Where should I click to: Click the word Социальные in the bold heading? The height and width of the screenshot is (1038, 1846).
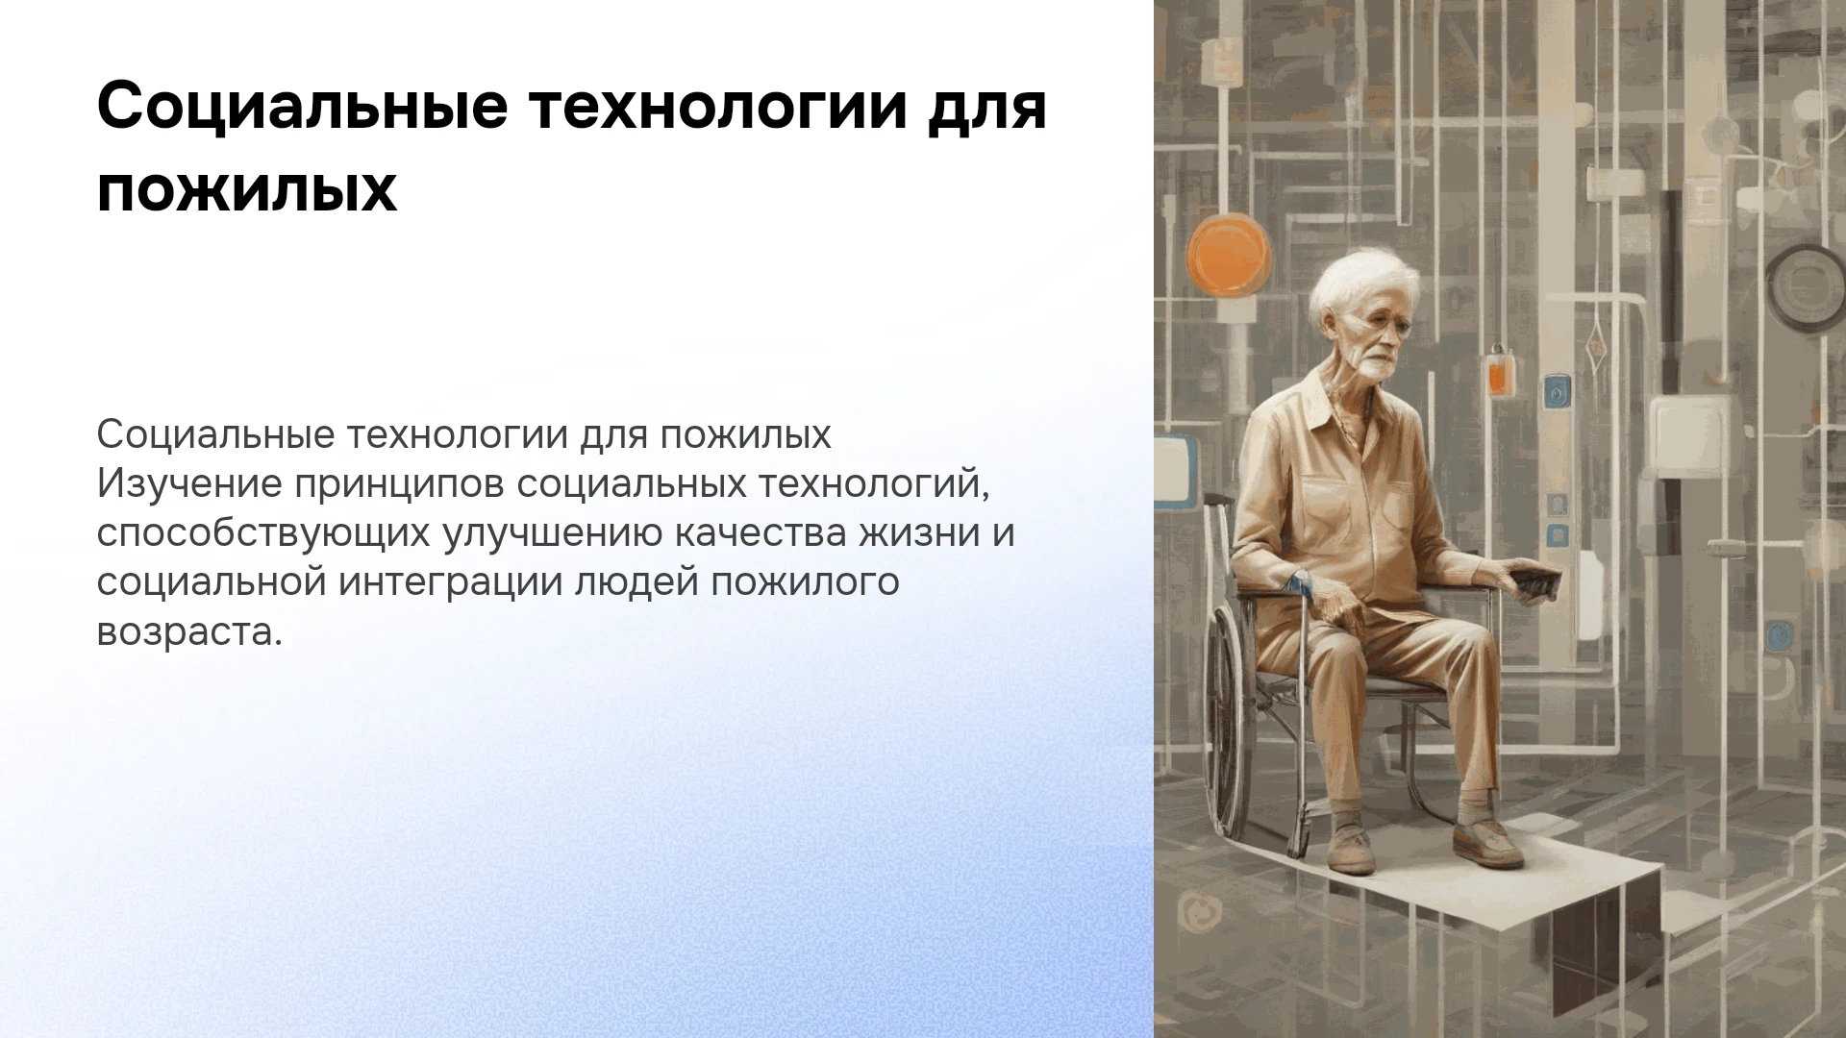pyautogui.click(x=302, y=108)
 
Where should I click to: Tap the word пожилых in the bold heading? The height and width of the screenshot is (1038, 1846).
pyautogui.click(x=247, y=190)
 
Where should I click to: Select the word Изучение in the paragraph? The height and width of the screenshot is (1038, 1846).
pyautogui.click(x=188, y=484)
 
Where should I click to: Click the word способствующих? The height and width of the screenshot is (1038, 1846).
pyautogui.click(x=262, y=534)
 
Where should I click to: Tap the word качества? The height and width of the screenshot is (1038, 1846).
pyautogui.click(x=759, y=534)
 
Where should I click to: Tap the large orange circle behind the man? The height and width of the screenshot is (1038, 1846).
pyautogui.click(x=1227, y=248)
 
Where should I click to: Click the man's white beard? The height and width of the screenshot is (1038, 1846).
pyautogui.click(x=1373, y=368)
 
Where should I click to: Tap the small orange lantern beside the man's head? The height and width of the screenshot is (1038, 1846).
pyautogui.click(x=1496, y=371)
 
